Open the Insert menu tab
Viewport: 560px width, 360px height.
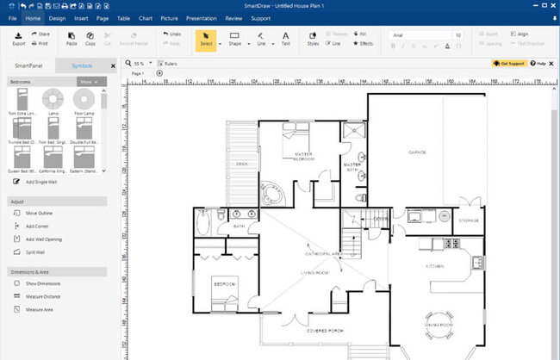coord(81,17)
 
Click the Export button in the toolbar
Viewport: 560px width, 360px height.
coord(18,38)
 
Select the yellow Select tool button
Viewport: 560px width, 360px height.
coord(206,39)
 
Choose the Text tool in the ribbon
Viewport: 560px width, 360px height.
coord(285,38)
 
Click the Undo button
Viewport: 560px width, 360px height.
coord(171,34)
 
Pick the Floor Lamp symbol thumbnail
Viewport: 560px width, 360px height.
coord(83,99)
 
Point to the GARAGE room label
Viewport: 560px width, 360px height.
coord(417,152)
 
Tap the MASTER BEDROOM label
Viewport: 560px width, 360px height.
coord(303,157)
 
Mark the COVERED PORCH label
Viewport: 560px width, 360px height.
coord(326,330)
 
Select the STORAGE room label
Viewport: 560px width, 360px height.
coord(469,220)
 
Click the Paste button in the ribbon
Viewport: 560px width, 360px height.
coord(72,38)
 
